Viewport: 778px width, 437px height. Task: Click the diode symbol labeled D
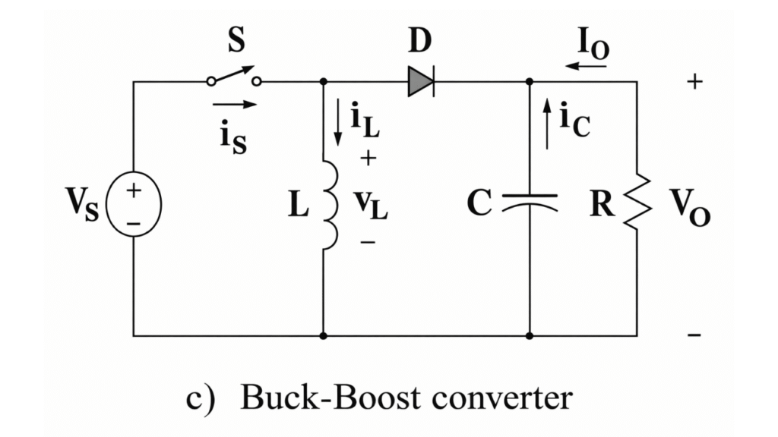420,81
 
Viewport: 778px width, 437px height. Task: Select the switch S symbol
234,77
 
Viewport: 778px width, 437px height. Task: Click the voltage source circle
133,203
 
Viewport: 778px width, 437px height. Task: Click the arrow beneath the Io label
586,66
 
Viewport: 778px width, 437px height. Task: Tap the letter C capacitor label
480,204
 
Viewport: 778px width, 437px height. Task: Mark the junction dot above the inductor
324,81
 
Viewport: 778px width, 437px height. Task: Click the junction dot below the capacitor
530,335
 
